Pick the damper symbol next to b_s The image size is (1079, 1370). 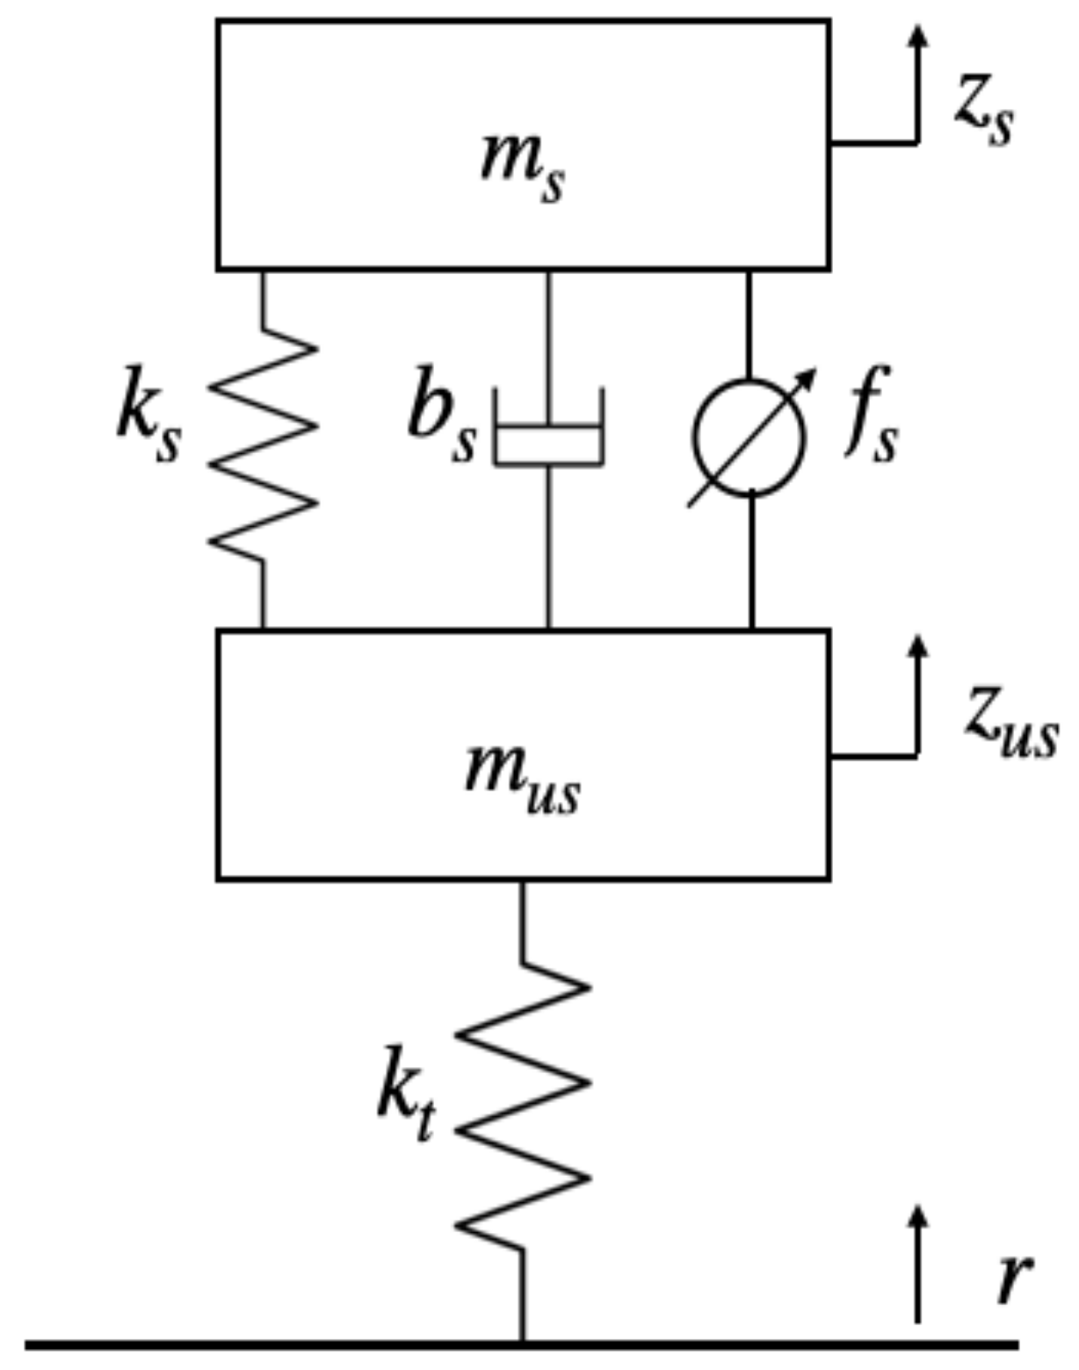pyautogui.click(x=549, y=430)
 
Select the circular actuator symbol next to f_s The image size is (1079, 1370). pyautogui.click(x=750, y=437)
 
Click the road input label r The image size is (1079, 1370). pyautogui.click(x=1012, y=1278)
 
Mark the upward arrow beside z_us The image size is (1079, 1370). pyautogui.click(x=918, y=694)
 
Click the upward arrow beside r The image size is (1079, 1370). pyautogui.click(x=918, y=1265)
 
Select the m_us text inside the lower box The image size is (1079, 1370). pyautogui.click(x=523, y=777)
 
